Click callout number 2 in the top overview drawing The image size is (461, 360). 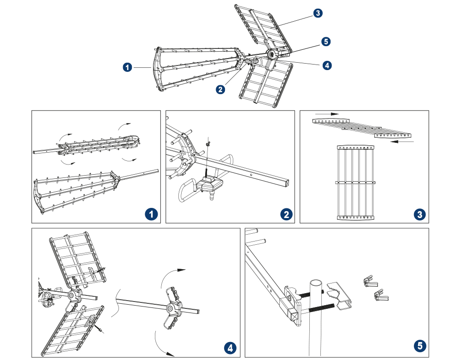(221, 89)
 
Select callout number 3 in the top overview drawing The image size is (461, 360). (318, 13)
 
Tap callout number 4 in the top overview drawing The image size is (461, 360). (327, 65)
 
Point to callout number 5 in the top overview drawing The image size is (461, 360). (326, 42)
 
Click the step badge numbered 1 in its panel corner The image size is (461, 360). (150, 214)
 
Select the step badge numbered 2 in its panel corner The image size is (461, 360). (286, 214)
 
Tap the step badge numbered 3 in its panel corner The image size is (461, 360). (419, 214)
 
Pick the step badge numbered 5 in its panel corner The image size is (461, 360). (419, 346)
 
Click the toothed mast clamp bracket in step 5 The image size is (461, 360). (340, 295)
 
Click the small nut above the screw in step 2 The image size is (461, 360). (208, 144)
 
